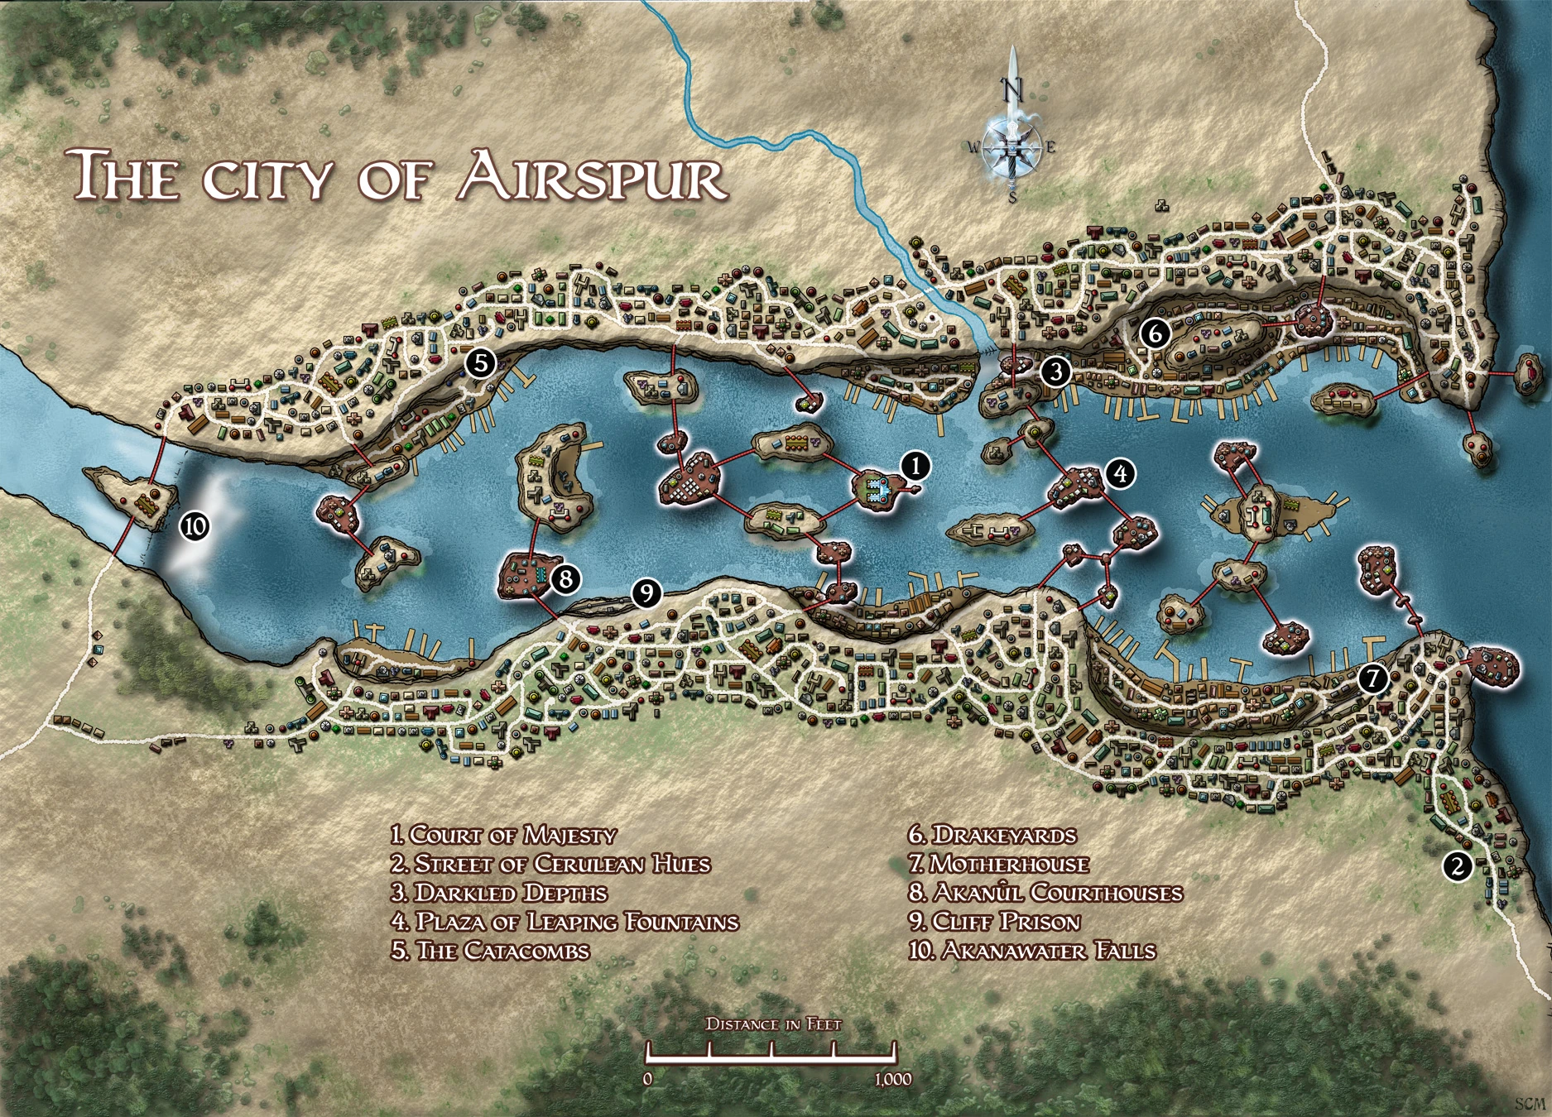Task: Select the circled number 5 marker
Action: coord(480,362)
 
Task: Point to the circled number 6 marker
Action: coord(1155,333)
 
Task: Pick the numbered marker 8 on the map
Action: coord(565,578)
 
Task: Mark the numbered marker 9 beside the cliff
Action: coord(646,592)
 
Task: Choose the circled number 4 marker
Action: coord(1119,474)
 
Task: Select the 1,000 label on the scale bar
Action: coord(891,1079)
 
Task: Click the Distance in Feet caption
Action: coord(773,1024)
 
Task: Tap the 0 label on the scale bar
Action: coord(648,1079)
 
